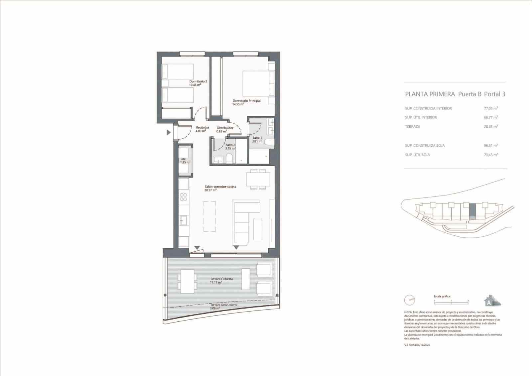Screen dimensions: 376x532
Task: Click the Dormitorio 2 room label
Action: pyautogui.click(x=198, y=83)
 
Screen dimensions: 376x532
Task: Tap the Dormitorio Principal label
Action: pyautogui.click(x=246, y=102)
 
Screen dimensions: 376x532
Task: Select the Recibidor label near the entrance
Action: pyautogui.click(x=202, y=129)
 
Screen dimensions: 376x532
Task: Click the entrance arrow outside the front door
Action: pyautogui.click(x=169, y=133)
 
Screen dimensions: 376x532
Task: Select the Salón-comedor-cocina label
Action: pyautogui.click(x=220, y=188)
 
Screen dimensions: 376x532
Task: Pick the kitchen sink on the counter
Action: pyautogui.click(x=184, y=220)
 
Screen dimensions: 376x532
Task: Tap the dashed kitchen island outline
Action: pyautogui.click(x=209, y=216)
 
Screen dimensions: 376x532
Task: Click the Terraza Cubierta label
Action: pyautogui.click(x=221, y=281)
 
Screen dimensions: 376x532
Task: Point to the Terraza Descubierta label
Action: pyautogui.click(x=223, y=306)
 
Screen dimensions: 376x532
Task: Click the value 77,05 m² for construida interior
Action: pyautogui.click(x=490, y=108)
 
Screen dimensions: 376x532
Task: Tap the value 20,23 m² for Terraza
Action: pyautogui.click(x=490, y=127)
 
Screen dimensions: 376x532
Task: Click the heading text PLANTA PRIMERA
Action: pyautogui.click(x=430, y=94)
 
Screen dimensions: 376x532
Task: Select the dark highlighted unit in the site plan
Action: pyautogui.click(x=472, y=210)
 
